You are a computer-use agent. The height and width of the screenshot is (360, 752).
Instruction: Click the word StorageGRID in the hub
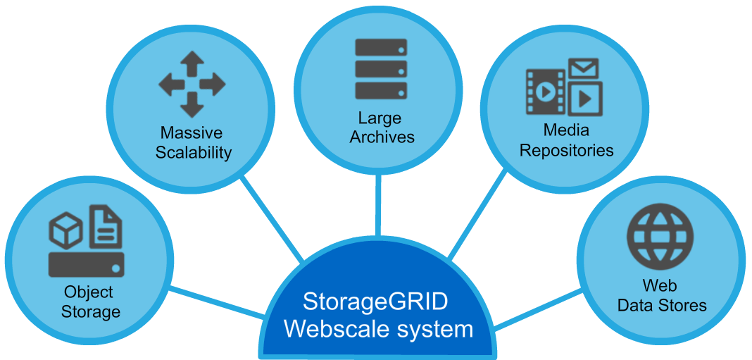point(375,302)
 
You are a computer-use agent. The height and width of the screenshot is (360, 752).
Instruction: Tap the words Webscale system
point(379,329)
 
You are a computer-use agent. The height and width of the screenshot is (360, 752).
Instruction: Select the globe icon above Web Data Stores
point(660,236)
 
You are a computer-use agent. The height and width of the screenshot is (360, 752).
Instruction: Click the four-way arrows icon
point(192,85)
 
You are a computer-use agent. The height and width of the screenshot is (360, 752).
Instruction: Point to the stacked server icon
point(381,69)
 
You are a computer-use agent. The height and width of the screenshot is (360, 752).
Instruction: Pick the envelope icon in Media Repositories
point(584,68)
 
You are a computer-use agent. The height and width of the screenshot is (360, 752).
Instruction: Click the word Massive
point(192,133)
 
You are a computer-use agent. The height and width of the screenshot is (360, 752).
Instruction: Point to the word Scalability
point(193,153)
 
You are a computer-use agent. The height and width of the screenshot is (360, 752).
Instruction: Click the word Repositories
point(567,150)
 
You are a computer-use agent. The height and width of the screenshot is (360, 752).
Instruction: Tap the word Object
point(89,292)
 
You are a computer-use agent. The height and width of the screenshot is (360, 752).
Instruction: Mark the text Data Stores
point(662,306)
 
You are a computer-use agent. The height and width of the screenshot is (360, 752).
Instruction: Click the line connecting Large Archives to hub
point(379,204)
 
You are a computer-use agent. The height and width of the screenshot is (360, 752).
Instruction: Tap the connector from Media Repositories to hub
point(479,215)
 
